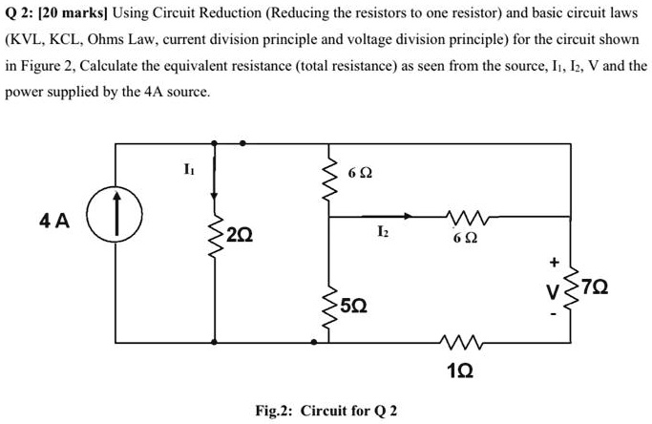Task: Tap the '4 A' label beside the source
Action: tap(54, 222)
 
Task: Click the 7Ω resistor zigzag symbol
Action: tap(572, 286)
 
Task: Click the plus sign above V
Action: tap(552, 260)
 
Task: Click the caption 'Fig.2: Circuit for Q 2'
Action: tap(326, 411)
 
